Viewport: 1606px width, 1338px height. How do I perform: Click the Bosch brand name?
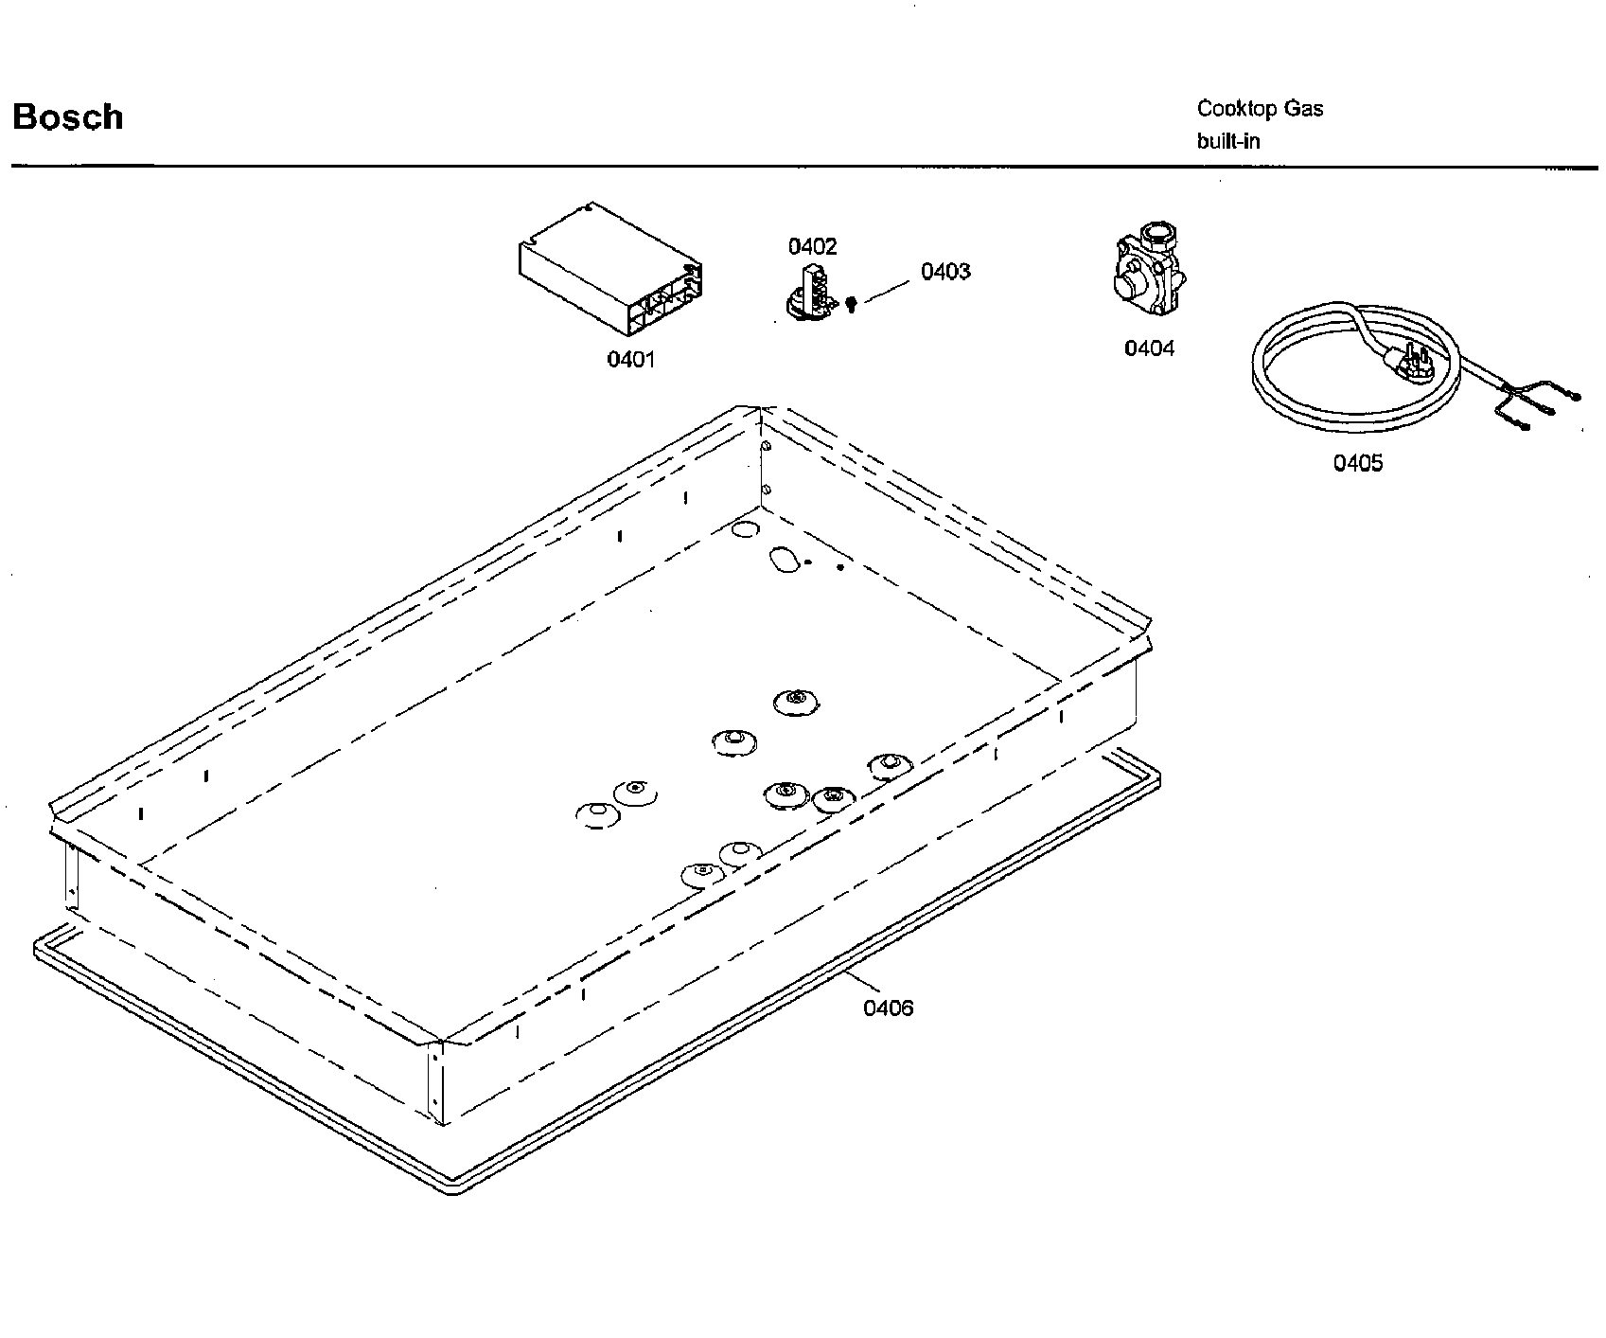point(68,117)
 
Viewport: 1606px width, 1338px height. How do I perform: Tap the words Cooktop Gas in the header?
point(1260,109)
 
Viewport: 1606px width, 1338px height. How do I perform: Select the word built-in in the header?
point(1228,141)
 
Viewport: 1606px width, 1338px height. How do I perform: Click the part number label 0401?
point(630,360)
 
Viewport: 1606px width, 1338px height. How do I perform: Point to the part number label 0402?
point(812,247)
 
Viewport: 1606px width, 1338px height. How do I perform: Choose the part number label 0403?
point(945,272)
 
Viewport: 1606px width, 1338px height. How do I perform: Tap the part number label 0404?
point(1149,348)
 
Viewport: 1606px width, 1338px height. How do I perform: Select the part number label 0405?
point(1358,463)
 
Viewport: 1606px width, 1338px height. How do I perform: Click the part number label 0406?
point(888,1008)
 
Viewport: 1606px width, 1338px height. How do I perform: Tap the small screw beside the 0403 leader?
point(851,304)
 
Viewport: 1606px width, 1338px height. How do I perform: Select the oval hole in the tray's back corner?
point(784,561)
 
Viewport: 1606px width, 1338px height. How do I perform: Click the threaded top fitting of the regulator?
point(1156,234)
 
